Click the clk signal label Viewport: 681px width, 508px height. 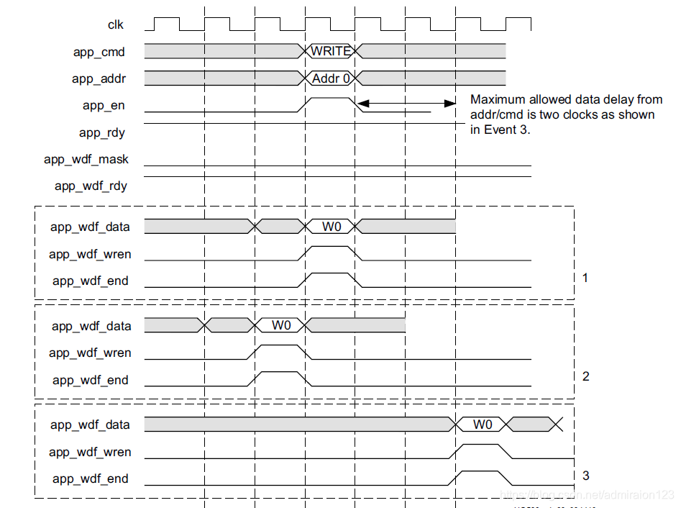(x=116, y=25)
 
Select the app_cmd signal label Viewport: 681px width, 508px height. (x=99, y=52)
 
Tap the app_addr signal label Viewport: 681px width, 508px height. (x=99, y=79)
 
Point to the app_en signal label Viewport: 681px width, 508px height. (x=104, y=106)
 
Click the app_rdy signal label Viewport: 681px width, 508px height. (x=103, y=132)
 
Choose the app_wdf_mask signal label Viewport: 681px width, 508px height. (x=86, y=159)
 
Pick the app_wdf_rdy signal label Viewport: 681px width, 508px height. (x=91, y=186)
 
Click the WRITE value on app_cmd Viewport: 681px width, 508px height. (x=331, y=51)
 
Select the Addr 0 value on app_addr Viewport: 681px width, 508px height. (x=331, y=78)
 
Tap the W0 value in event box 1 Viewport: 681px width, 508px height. (x=331, y=227)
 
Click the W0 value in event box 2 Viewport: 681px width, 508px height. (x=281, y=325)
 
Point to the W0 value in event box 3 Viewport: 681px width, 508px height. (x=483, y=425)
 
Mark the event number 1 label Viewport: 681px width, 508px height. (x=585, y=277)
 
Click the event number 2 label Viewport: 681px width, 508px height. (x=585, y=376)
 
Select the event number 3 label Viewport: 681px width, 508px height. (x=585, y=476)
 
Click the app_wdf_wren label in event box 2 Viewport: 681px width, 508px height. (x=90, y=353)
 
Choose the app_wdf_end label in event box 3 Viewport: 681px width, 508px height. (x=91, y=479)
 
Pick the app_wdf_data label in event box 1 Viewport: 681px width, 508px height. (x=90, y=227)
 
